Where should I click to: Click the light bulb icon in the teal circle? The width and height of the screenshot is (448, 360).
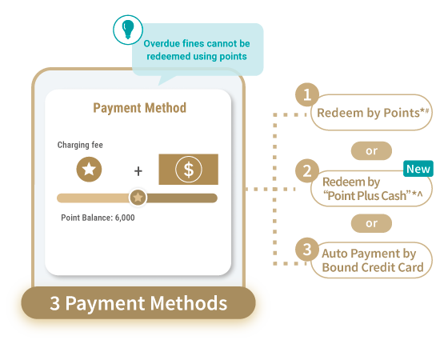(128, 30)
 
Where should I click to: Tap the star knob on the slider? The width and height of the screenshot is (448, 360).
(138, 197)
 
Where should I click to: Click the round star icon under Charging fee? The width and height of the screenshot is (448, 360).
(89, 169)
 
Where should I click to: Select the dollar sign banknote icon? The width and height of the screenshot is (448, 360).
(189, 169)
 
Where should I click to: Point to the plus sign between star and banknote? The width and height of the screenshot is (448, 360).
(138, 171)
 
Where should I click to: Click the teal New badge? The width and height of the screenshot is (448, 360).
(418, 169)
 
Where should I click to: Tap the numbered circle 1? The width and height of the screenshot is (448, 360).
(307, 94)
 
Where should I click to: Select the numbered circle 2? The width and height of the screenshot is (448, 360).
(307, 171)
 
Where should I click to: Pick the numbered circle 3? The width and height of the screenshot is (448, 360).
(307, 250)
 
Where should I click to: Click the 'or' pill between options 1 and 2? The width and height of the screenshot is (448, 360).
(371, 150)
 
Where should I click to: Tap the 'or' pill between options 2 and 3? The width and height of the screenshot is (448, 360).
(371, 223)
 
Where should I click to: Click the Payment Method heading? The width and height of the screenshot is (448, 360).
(140, 108)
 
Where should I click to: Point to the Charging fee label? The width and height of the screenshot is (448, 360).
(80, 145)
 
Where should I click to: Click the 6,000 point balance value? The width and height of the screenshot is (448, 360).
(125, 218)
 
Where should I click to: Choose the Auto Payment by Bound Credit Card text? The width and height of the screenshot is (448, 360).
(373, 260)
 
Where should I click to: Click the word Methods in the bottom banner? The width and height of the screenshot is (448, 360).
(189, 303)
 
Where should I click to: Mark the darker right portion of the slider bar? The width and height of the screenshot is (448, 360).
(182, 198)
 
